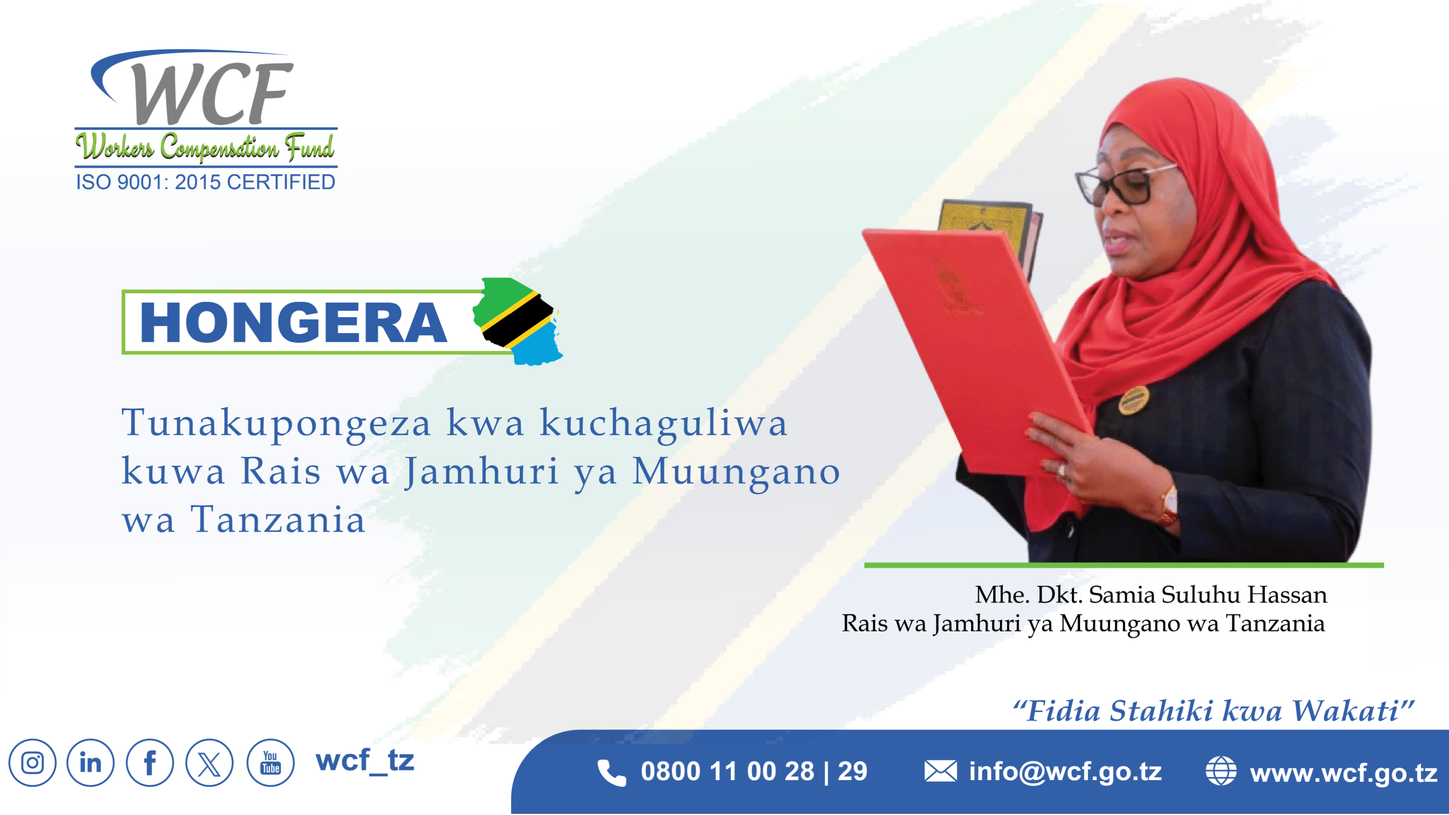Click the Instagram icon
[x=32, y=763]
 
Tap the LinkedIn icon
[x=91, y=763]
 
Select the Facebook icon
[x=150, y=763]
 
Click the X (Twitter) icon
[x=209, y=763]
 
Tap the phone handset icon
[x=611, y=772]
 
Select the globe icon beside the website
[x=1221, y=771]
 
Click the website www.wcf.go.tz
[x=1344, y=773]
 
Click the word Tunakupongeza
[x=276, y=424]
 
